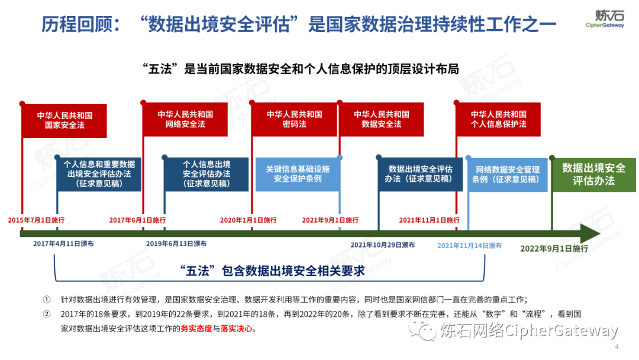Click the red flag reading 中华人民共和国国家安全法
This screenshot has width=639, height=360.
pos(64,120)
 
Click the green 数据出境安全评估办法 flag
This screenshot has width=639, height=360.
pos(593,174)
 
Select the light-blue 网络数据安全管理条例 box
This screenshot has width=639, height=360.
pos(506,174)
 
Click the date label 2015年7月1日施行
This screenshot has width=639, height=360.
pos(36,220)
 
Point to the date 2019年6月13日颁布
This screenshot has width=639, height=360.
pos(176,244)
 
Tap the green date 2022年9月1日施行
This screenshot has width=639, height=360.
pos(554,249)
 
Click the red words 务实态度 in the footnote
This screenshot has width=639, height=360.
pos(197,329)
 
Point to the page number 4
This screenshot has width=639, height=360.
pos(617,347)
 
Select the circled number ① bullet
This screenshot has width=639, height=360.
pos(47,300)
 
